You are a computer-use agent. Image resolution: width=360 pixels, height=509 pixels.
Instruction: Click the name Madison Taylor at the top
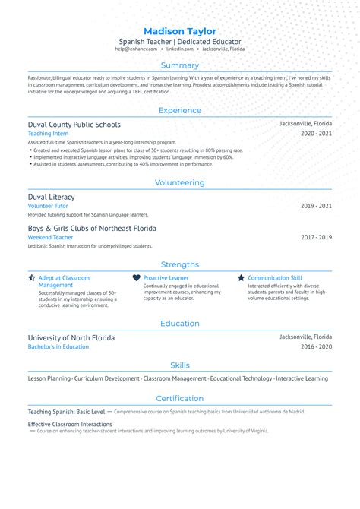point(179,30)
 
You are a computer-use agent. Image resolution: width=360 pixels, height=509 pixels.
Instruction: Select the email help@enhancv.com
point(137,49)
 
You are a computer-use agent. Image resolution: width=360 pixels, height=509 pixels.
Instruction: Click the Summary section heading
point(180,65)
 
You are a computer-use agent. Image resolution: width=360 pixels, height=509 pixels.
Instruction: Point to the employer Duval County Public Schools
point(74,124)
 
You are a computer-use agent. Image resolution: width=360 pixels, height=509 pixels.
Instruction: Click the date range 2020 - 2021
point(316,133)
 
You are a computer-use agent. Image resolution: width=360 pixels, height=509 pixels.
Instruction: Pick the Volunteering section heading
point(180,182)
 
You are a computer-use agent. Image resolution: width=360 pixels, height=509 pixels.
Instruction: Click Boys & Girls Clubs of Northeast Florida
point(92,228)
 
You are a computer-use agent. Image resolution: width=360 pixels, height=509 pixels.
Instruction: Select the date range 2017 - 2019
point(316,237)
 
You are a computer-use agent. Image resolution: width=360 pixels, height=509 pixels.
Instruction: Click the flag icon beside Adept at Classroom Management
point(32,278)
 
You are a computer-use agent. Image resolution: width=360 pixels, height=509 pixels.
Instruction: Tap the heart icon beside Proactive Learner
point(137,278)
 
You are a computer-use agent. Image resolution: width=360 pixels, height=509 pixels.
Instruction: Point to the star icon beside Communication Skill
point(242,278)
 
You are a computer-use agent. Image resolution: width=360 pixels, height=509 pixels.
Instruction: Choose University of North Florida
point(71,337)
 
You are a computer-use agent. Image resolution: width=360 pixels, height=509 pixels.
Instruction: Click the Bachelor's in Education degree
point(58,346)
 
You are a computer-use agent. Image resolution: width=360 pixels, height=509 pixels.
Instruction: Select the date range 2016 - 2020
point(316,346)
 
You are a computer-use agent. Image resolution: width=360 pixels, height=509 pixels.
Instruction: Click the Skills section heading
point(180,365)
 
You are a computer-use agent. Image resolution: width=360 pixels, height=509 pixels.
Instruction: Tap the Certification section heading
point(180,398)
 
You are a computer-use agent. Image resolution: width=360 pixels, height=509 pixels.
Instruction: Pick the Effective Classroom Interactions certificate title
point(71,423)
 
